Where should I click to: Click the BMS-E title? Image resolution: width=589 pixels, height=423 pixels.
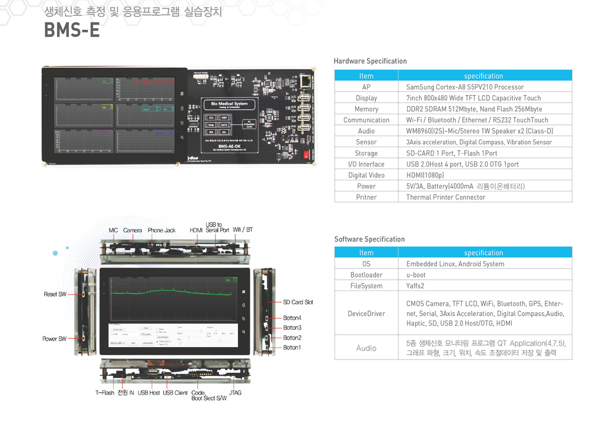point(72,30)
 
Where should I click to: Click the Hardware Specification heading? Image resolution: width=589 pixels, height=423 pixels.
point(370,61)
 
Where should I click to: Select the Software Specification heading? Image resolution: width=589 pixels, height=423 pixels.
point(369,239)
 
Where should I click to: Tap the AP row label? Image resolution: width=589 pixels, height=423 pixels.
point(366,87)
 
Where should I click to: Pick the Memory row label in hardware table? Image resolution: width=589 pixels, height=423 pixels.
point(366,109)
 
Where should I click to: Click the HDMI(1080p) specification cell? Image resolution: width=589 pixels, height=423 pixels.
point(425,175)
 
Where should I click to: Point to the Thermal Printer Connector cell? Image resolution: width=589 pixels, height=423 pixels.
point(445,197)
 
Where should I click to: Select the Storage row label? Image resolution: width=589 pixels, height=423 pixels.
point(366,153)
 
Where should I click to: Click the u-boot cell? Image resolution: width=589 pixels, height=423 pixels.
point(416,275)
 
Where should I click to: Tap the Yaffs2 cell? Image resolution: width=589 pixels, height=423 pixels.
point(416,286)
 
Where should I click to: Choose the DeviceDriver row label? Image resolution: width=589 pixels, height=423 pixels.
point(366,313)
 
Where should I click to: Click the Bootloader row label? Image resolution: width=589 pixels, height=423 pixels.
point(366,275)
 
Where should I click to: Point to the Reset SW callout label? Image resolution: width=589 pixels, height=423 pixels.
point(55,294)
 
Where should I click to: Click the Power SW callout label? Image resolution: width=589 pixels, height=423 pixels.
point(54,339)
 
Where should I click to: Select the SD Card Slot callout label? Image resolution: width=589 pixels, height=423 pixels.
point(298,302)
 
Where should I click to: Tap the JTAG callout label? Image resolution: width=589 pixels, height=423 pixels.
point(235,393)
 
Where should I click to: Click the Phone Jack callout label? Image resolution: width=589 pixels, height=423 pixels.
point(161,230)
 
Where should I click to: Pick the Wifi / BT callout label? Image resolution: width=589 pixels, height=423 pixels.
point(243,230)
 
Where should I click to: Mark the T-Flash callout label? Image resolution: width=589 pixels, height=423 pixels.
point(105,393)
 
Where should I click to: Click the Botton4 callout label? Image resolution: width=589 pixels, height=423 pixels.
point(292,318)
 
